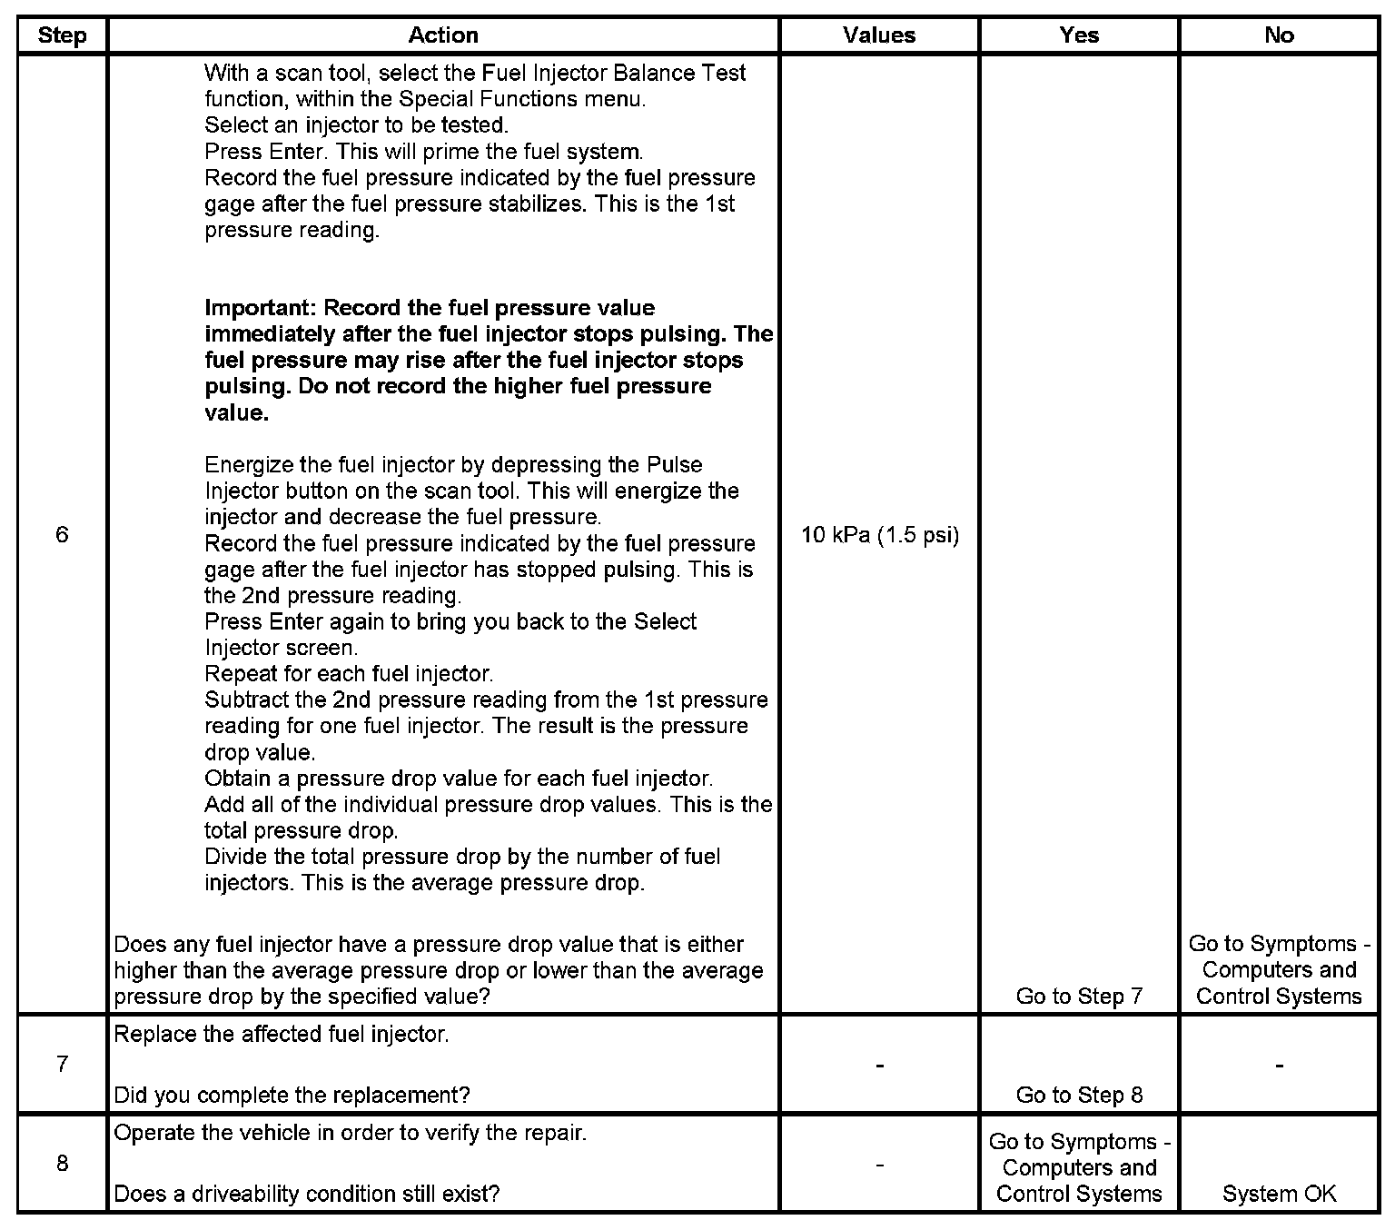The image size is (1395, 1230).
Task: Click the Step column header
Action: [x=62, y=35]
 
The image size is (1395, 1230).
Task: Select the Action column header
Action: [x=443, y=35]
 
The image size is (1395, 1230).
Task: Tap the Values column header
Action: [x=879, y=35]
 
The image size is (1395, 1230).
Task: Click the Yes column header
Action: [x=1079, y=35]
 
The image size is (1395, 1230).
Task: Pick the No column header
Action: [x=1279, y=35]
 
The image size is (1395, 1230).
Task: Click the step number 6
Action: [x=62, y=534]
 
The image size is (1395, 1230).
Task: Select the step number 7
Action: [x=62, y=1064]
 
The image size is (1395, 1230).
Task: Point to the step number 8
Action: [x=62, y=1164]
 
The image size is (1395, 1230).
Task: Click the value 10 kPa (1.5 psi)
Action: [x=880, y=534]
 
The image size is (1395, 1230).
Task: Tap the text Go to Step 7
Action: [x=1079, y=996]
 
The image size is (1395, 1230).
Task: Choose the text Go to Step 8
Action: [x=1079, y=1095]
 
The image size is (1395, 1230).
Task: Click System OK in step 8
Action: [x=1279, y=1194]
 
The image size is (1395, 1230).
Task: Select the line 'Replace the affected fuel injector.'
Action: [x=282, y=1034]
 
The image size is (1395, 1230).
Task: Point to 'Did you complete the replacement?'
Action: [x=292, y=1095]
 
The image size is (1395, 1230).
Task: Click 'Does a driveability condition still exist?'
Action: [x=307, y=1194]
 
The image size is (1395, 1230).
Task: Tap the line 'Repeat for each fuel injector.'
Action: [x=349, y=674]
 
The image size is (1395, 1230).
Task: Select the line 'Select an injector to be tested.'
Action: [x=356, y=124]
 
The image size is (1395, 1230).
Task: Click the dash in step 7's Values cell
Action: [x=879, y=1064]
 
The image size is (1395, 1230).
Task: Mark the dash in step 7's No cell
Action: [x=1279, y=1064]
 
